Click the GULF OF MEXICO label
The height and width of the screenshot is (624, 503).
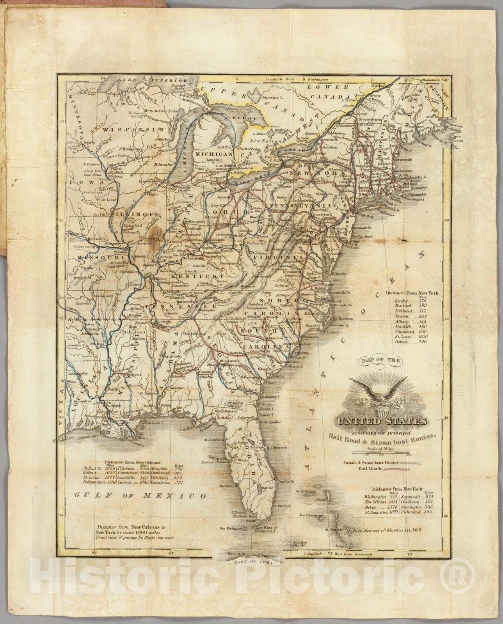(140, 496)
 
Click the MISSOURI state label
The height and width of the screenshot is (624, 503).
(100, 258)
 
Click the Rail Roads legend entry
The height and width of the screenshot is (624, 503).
(384, 469)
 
